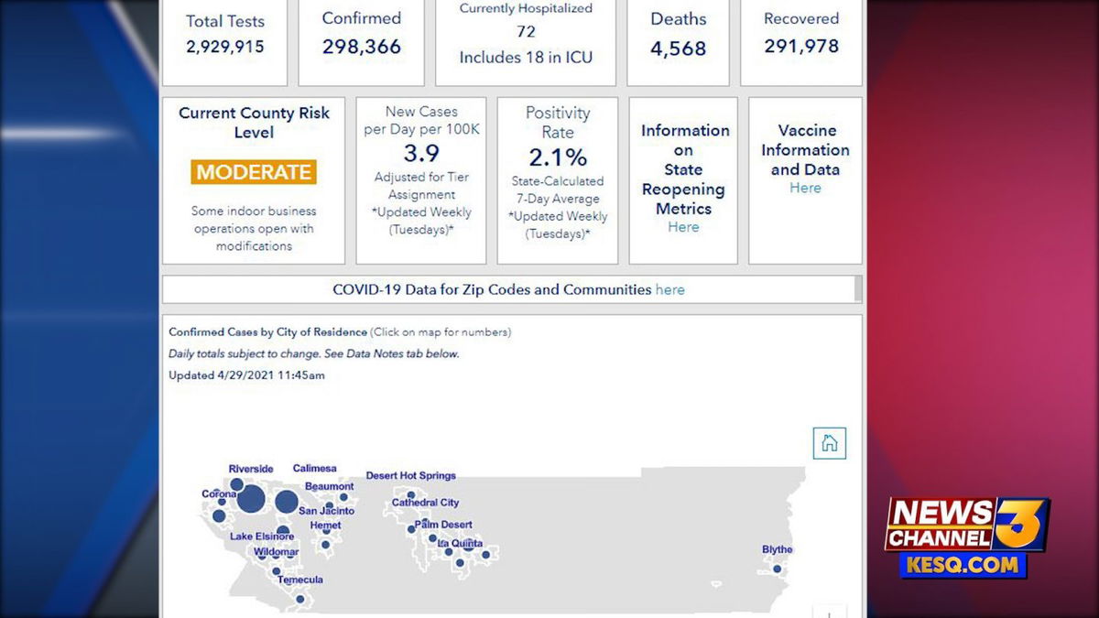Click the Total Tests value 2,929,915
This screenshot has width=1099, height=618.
pos(224,47)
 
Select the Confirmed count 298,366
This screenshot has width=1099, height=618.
pos(362,47)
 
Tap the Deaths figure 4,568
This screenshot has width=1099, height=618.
pos(678,48)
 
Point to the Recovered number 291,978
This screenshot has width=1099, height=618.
pos(801,46)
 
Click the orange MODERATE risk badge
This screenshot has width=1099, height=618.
pos(254,172)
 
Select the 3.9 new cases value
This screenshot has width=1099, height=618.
pos(421,153)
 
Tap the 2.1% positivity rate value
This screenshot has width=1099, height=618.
pos(558,157)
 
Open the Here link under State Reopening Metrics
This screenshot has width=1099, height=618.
pos(683,227)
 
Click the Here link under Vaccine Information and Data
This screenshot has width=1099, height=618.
pos(805,188)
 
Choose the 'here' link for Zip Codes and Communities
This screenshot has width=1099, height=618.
pos(669,290)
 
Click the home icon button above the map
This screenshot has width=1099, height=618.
pos(829,443)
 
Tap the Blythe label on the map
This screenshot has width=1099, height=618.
pos(778,549)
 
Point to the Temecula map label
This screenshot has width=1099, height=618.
pos(300,580)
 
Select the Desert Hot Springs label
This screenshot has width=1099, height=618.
pos(410,476)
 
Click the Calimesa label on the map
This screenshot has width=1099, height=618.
pos(314,469)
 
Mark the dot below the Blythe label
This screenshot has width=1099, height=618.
pos(778,569)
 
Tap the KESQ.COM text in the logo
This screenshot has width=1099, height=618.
pos(963,565)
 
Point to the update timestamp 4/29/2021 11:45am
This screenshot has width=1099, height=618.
pos(271,375)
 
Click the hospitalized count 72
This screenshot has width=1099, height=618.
pos(526,32)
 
